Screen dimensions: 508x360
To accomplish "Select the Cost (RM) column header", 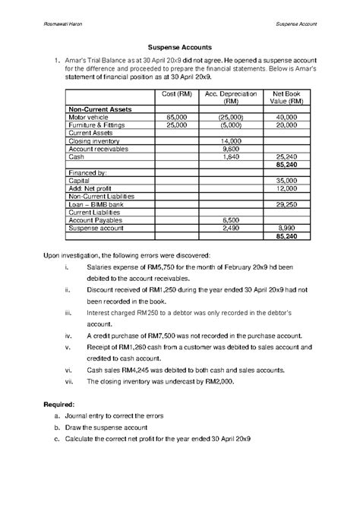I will pyautogui.click(x=177, y=93).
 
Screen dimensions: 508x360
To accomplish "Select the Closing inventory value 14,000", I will pyautogui.click(x=230, y=141).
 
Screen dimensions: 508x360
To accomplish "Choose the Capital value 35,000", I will pyautogui.click(x=286, y=181).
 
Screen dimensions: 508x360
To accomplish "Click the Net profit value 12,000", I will pyautogui.click(x=286, y=188).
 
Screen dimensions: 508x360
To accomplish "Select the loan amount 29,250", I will pyautogui.click(x=286, y=204).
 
